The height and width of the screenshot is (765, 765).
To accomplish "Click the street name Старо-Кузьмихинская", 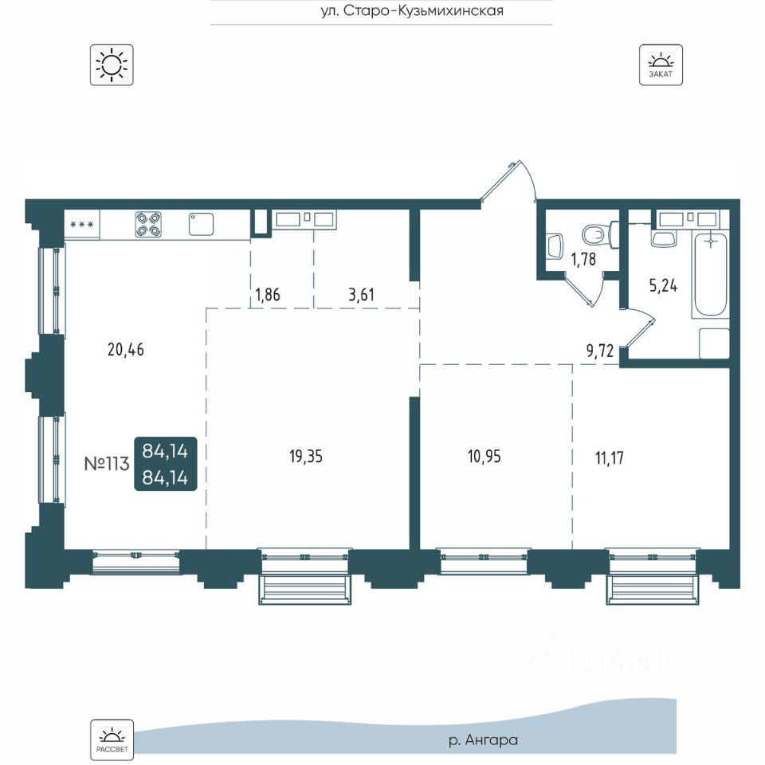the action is (x=423, y=10).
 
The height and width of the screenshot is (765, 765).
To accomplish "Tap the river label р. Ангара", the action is (x=483, y=740).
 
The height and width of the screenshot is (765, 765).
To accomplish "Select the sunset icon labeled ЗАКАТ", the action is (x=661, y=65).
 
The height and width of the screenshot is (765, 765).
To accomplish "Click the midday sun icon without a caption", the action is (x=112, y=65).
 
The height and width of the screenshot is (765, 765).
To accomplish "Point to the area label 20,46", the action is (x=126, y=350).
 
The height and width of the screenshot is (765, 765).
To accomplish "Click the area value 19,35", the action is (x=306, y=457).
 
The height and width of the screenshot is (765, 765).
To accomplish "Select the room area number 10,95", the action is (x=484, y=457).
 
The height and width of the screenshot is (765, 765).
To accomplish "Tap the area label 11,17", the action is (x=610, y=458).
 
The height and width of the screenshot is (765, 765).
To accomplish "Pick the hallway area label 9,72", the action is (x=599, y=351).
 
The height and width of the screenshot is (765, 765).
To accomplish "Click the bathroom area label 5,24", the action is (x=663, y=285).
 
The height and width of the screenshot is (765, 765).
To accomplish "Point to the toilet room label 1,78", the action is (x=583, y=258).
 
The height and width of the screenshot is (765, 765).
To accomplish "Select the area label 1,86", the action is (x=268, y=295).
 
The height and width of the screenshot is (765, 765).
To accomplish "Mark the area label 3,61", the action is (x=361, y=295).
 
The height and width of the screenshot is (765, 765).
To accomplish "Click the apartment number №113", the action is (x=107, y=464).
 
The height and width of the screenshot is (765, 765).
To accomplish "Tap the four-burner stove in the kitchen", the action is (x=148, y=224).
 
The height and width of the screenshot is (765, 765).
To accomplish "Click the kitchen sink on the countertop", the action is (x=202, y=224).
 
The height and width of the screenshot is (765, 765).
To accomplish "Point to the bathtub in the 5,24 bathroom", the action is (x=710, y=276).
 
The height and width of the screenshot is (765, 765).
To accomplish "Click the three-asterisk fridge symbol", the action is (x=81, y=225).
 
